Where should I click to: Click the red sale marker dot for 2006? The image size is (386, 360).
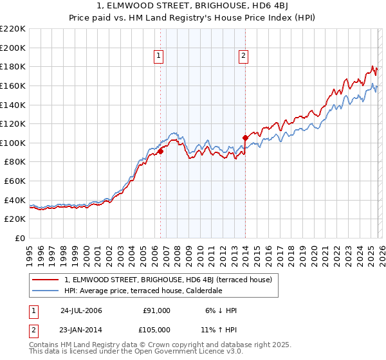point(161,151)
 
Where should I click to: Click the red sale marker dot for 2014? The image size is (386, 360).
point(245,138)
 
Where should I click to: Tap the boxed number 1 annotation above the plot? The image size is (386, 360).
point(159,57)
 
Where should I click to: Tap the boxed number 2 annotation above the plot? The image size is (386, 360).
point(244,57)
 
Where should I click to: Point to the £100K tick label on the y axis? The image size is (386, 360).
point(13,143)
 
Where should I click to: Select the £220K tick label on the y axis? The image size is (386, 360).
point(13,29)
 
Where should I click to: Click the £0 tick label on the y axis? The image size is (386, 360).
point(21,238)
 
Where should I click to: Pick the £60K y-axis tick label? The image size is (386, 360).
point(15,181)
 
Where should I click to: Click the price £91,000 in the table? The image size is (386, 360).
point(157,310)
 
